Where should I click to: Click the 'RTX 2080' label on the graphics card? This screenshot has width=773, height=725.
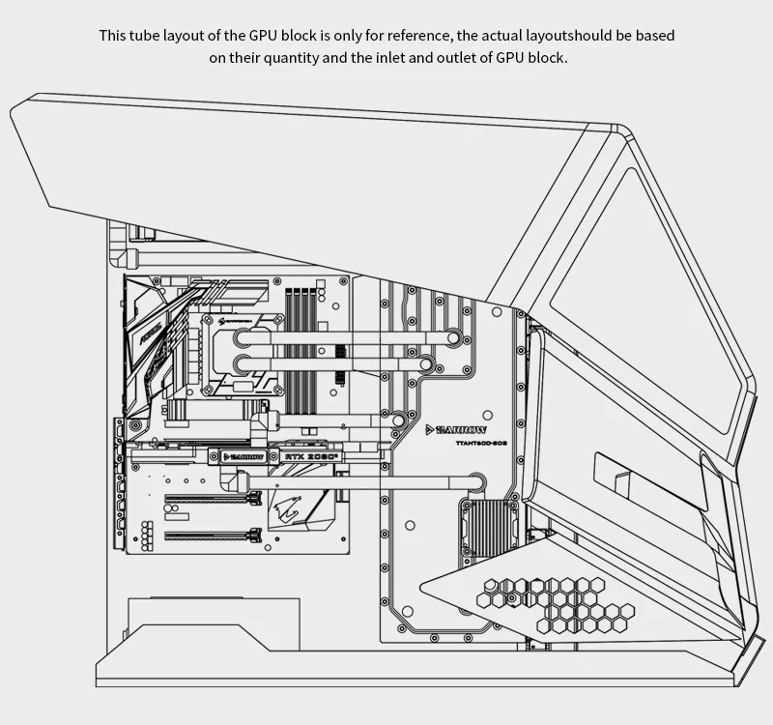pyautogui.click(x=311, y=455)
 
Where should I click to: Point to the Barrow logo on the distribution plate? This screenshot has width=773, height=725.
pyautogui.click(x=457, y=429)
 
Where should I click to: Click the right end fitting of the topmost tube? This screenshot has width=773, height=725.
pyautogui.click(x=452, y=337)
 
